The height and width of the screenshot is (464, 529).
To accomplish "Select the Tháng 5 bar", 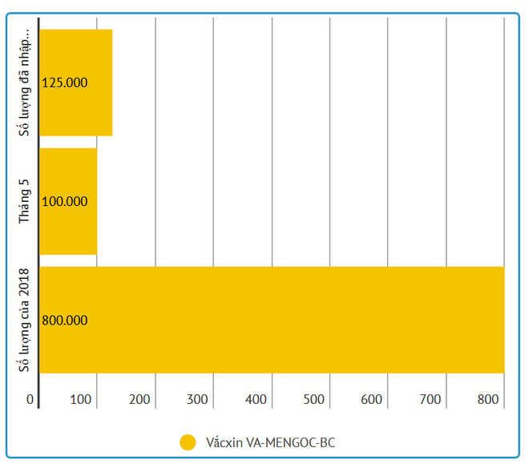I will [68, 201].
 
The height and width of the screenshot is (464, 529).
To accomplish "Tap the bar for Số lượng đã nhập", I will [75, 83].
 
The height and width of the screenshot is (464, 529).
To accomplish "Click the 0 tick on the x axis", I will [30, 399].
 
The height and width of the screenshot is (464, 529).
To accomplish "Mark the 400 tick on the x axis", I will [257, 399].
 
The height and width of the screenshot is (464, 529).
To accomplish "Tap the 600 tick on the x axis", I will [374, 399].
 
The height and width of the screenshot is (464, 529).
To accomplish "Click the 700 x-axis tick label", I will [432, 399].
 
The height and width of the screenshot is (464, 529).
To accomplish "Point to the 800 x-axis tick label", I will [488, 399].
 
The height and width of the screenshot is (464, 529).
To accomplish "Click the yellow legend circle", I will [188, 442].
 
